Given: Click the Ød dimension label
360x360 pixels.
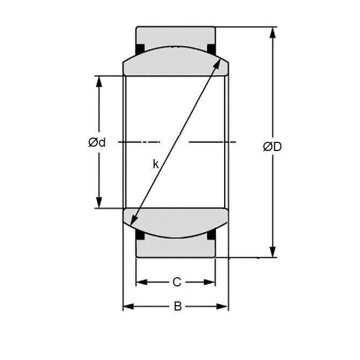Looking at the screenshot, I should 97,142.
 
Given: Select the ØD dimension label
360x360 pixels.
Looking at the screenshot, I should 272,146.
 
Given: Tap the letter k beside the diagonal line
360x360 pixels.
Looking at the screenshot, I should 155,164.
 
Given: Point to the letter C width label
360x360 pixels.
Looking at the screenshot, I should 176,282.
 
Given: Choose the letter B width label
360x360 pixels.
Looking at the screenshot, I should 177,307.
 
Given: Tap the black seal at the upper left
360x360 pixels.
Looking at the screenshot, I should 140,49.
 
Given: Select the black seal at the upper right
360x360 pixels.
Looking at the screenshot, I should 211,49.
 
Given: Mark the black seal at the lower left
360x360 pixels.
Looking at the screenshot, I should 140,235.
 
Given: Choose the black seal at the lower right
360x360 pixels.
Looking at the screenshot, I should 211,235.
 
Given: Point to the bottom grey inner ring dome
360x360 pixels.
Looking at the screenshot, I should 176,221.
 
